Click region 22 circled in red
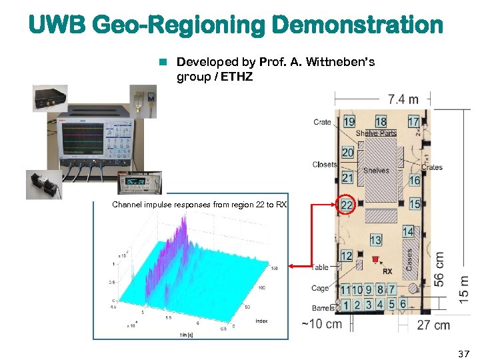pyautogui.click(x=347, y=205)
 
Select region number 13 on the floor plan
pyautogui.click(x=375, y=240)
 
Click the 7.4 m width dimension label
pyautogui.click(x=403, y=99)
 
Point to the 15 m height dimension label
pyautogui.click(x=463, y=287)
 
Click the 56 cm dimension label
pyautogui.click(x=440, y=269)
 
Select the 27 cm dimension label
pyautogui.click(x=433, y=325)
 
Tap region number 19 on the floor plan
pyautogui.click(x=349, y=121)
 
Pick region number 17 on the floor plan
pyautogui.click(x=413, y=121)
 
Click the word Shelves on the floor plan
pyautogui.click(x=376, y=171)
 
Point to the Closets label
pyautogui.click(x=325, y=165)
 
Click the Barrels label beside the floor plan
pyautogui.click(x=323, y=308)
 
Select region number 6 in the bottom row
pyautogui.click(x=403, y=305)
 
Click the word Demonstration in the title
pyautogui.click(x=357, y=25)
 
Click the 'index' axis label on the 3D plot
pyautogui.click(x=261, y=321)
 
